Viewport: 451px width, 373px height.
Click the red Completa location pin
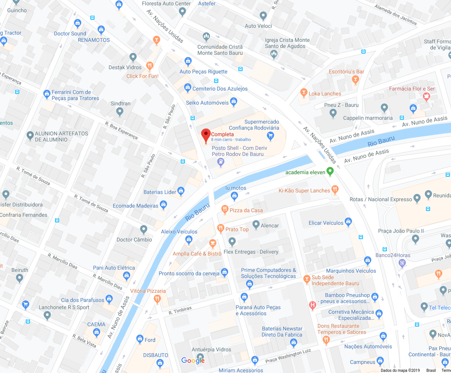click(206, 135)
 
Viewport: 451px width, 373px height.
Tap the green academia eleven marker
click(330, 172)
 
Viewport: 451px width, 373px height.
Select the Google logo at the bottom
click(193, 360)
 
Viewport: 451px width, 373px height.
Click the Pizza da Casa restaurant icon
click(225, 209)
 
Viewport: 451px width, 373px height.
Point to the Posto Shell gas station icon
click(221, 162)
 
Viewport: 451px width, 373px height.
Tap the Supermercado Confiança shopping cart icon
click(270, 135)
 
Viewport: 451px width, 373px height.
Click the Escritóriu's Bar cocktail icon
click(355, 79)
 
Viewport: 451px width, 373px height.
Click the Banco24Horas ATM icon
click(402, 263)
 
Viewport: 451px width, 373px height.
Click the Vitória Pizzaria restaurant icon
click(157, 299)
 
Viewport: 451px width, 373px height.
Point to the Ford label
click(150, 340)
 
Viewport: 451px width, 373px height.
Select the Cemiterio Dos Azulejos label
click(220, 89)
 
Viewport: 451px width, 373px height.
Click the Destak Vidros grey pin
click(133, 57)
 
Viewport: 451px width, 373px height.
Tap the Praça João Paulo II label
click(401, 231)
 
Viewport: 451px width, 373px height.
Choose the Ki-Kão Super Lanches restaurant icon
click(335, 189)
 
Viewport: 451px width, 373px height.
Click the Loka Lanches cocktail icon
click(303, 92)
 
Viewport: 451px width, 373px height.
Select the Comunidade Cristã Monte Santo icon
click(206, 37)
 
